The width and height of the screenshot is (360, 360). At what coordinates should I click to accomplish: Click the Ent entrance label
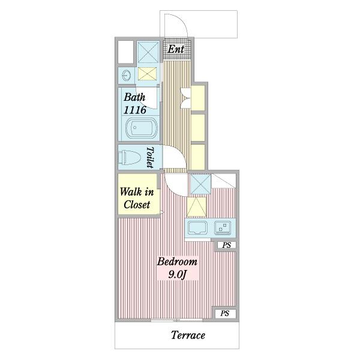(176, 49)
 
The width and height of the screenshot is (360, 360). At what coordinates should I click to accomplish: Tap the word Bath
(134, 97)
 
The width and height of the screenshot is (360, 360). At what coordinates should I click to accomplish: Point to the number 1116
(135, 110)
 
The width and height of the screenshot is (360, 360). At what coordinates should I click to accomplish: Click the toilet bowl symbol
(129, 157)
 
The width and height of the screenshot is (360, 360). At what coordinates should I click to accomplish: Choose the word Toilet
(150, 157)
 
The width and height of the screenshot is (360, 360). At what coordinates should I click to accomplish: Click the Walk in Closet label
(137, 198)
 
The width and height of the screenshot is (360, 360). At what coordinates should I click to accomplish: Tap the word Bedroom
(177, 262)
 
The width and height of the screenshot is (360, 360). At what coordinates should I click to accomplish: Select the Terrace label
(188, 335)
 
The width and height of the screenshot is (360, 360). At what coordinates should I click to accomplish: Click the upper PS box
(227, 245)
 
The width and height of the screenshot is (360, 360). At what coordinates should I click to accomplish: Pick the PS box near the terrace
(225, 313)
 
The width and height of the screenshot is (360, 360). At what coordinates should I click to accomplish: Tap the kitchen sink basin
(197, 227)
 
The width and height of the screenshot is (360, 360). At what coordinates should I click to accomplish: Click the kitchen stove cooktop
(223, 227)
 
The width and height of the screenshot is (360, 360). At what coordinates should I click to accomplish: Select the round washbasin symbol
(126, 76)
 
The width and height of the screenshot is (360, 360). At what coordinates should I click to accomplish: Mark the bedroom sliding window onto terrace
(176, 320)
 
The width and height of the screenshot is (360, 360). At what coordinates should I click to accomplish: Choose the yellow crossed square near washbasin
(147, 74)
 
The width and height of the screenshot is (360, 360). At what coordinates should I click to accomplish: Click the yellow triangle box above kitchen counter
(197, 207)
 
